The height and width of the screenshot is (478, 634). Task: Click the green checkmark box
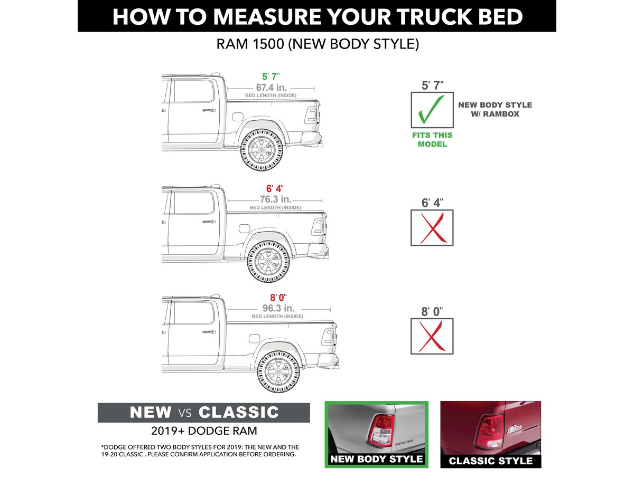432,110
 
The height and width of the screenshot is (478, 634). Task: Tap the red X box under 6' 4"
432,228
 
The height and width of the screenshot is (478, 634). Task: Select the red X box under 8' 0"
432,336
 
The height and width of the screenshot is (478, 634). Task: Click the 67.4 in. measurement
271,88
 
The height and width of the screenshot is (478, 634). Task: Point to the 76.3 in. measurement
276,199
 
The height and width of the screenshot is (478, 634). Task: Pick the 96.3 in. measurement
278,308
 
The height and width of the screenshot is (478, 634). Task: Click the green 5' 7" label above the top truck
271,77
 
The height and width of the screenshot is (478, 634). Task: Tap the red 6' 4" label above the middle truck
275,188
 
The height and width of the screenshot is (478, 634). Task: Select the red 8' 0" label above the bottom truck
278,297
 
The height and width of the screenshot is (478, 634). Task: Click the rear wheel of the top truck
262,150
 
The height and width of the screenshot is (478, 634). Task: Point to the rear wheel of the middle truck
268,261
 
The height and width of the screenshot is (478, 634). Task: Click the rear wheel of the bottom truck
278,371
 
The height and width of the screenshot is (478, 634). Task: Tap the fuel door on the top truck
237,117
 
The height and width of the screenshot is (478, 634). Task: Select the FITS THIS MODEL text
432,139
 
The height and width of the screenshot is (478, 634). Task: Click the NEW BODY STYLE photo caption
376,458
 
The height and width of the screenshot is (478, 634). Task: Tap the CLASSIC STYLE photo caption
490,461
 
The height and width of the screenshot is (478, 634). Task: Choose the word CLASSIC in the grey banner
239,412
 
